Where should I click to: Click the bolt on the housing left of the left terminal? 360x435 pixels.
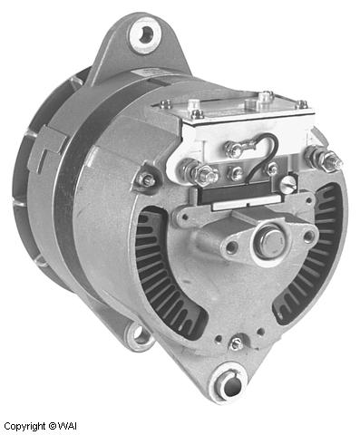[145, 181]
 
